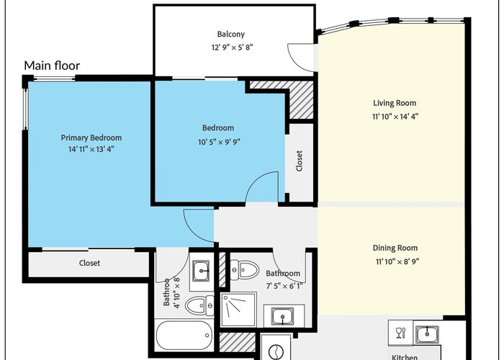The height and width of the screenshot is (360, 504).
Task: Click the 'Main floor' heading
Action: [52, 66]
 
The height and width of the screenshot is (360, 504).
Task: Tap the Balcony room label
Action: [231, 35]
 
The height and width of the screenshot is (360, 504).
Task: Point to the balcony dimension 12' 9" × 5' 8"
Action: [232, 48]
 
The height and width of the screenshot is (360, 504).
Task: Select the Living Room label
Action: [395, 103]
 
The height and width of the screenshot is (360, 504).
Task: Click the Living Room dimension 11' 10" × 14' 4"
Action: [395, 117]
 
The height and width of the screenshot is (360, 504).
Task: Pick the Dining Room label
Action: [395, 248]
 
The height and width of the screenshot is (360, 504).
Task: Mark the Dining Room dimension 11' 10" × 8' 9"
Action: [397, 261]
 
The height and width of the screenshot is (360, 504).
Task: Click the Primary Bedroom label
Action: [91, 138]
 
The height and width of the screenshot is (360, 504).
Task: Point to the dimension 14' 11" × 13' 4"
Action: [91, 149]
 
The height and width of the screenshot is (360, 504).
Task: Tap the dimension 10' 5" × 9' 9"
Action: [219, 142]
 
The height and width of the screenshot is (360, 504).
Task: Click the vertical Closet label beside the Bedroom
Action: [299, 161]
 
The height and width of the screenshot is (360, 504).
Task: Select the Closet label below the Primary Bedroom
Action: [89, 263]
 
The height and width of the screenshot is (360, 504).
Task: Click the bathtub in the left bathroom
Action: [184, 336]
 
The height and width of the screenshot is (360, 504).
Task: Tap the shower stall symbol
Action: [238, 310]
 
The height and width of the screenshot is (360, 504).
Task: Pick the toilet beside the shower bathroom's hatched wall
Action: [245, 269]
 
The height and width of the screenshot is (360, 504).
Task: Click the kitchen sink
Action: [427, 334]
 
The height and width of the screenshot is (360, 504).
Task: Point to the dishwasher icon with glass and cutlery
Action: [400, 333]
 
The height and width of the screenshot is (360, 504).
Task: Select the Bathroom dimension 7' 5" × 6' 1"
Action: [284, 286]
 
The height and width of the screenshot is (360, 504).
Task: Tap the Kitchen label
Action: [405, 357]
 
